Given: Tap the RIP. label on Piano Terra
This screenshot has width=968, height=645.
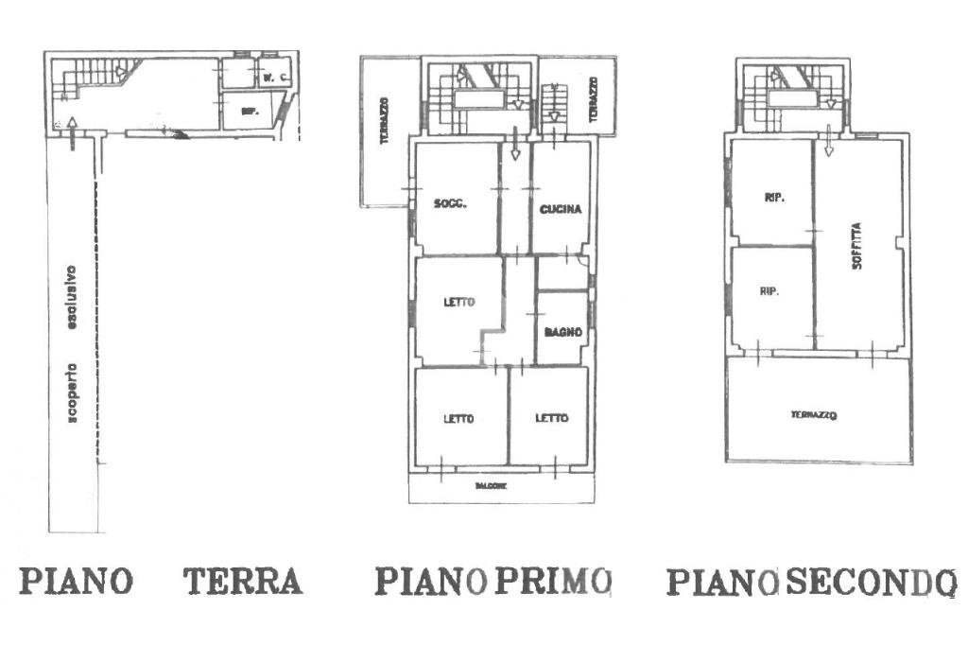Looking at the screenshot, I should click(250, 112).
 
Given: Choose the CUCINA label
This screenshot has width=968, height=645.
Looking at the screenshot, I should click(561, 209).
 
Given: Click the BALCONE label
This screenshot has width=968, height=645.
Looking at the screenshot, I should click(493, 486).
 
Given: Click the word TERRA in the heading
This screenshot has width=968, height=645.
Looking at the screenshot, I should click(243, 581).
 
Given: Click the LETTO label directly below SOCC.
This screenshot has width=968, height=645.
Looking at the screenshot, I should click(458, 303).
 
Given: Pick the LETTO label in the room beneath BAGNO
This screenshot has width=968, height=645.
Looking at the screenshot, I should click(551, 418).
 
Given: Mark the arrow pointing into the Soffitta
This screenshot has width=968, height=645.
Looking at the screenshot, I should click(828, 142).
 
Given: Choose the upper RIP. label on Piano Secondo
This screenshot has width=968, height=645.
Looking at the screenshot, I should click(772, 198).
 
